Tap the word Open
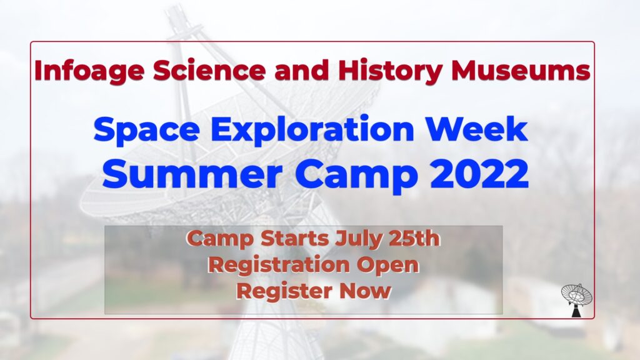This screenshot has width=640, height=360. pyautogui.click(x=388, y=266)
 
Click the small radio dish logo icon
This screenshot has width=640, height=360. pyautogui.click(x=576, y=299)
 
